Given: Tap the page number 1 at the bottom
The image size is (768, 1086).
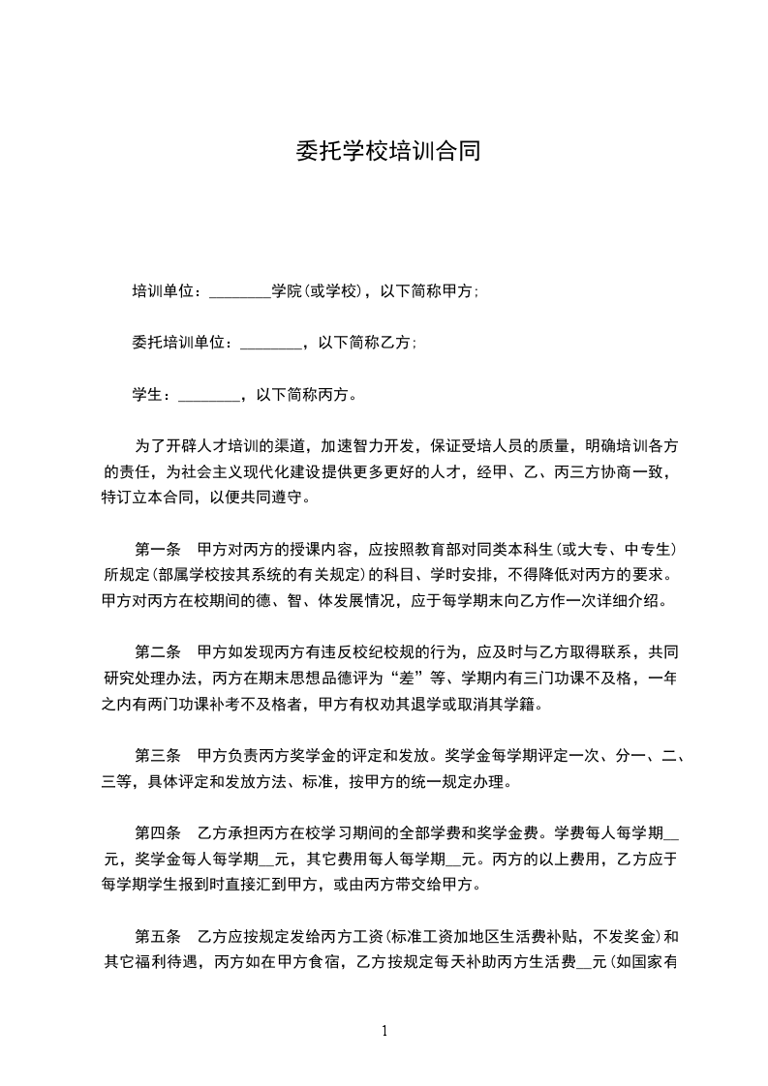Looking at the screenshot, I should click(384, 1031).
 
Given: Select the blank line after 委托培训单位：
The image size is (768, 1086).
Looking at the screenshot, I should click(269, 343).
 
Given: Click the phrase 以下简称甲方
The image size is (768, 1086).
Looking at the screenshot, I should click(427, 291).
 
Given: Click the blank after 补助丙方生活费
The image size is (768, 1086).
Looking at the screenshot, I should click(584, 962).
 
